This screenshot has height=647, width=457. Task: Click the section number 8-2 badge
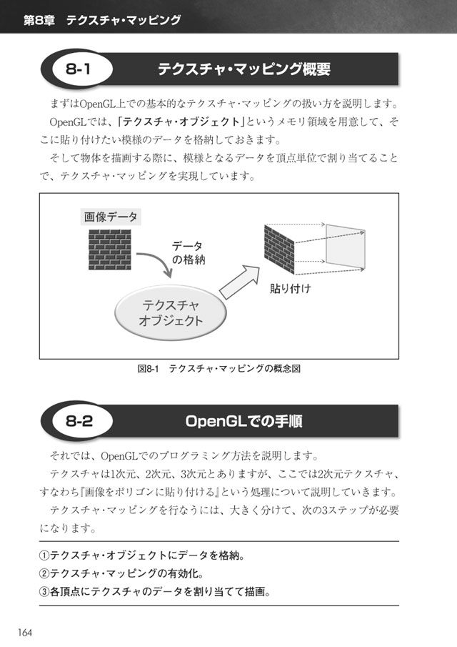pyautogui.click(x=79, y=421)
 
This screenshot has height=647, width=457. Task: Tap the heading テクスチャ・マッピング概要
pyautogui.click(x=244, y=69)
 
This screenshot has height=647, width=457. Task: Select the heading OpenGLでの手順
pyautogui.click(x=244, y=421)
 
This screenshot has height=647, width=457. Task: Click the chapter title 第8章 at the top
pyautogui.click(x=39, y=20)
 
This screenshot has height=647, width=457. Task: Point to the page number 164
pyautogui.click(x=25, y=632)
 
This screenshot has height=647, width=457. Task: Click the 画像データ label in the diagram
pyautogui.click(x=111, y=217)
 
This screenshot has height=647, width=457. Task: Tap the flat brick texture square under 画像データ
pyautogui.click(x=110, y=250)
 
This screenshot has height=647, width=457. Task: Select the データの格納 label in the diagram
pyautogui.click(x=188, y=253)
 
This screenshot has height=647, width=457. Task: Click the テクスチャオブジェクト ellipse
pyautogui.click(x=170, y=312)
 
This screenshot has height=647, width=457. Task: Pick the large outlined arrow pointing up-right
pyautogui.click(x=239, y=282)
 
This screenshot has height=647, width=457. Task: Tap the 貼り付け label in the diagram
pyautogui.click(x=290, y=288)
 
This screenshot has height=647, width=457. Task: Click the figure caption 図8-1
pyautogui.click(x=148, y=368)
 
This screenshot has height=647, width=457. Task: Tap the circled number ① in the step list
pyautogui.click(x=44, y=555)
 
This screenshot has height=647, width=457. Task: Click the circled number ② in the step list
pyautogui.click(x=44, y=573)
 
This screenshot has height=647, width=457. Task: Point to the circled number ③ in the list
pyautogui.click(x=44, y=592)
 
